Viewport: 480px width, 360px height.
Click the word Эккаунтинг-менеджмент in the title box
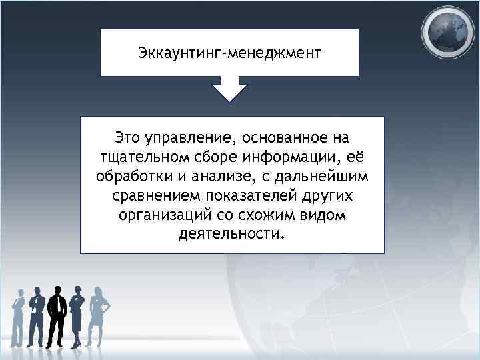point(229,51)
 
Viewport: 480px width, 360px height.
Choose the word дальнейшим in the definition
point(325,177)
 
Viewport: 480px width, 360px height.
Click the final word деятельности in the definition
point(231,235)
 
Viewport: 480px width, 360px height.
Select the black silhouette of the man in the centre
point(56,313)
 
